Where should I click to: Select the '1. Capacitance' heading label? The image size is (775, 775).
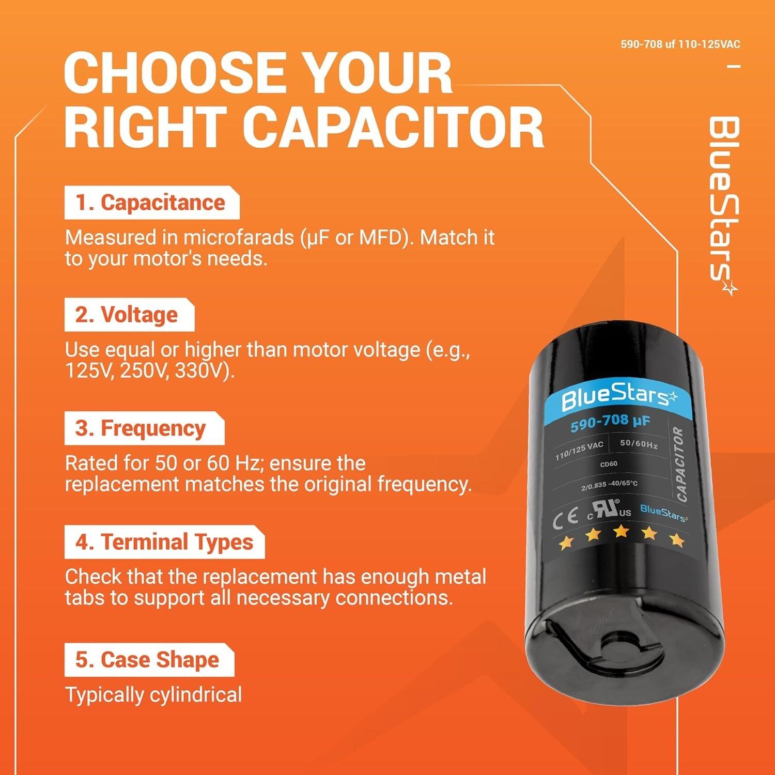[151, 203]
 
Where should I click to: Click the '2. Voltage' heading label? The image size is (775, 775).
[128, 315]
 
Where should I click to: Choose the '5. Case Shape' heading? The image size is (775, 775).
[148, 660]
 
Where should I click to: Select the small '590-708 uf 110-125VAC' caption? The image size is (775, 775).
[680, 44]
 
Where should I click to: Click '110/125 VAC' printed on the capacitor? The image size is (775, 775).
[579, 451]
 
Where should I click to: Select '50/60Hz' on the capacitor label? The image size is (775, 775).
[639, 443]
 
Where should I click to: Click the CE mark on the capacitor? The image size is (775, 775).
[565, 520]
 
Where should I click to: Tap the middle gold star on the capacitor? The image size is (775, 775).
[621, 531]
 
